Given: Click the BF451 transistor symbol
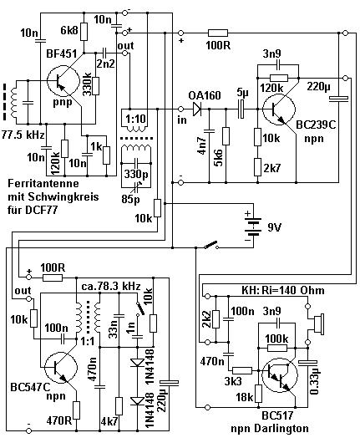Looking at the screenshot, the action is (63, 81).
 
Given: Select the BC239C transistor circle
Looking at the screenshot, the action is (279, 109).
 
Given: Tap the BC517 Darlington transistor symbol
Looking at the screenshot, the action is (280, 375).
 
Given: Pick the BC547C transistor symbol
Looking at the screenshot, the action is (61, 367).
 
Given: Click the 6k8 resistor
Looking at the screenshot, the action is (84, 32).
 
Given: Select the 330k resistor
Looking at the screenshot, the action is (96, 85).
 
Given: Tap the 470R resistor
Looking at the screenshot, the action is (76, 410).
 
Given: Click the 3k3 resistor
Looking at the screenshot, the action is (242, 370).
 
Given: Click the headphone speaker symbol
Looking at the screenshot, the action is (317, 324).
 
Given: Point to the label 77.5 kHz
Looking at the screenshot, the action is (23, 135).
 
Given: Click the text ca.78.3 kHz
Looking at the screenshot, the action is (111, 286).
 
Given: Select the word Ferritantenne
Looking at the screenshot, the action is (43, 183).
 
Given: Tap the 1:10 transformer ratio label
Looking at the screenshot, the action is (136, 119).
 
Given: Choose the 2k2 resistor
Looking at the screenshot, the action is (215, 319).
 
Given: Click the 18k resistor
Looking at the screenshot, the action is (258, 394).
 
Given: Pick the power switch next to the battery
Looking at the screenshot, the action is (211, 245).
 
